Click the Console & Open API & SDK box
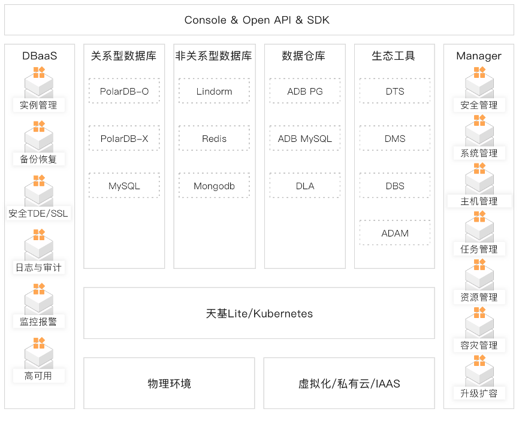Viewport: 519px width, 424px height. [257, 20]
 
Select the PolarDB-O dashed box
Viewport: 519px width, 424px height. [124, 91]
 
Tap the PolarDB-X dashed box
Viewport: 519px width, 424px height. [124, 138]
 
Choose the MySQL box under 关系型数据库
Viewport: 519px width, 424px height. [124, 186]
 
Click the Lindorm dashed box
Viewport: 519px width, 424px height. [214, 91]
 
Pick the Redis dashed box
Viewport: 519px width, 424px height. [214, 138]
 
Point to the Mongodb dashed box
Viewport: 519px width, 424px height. [214, 186]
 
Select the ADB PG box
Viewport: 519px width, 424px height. [304, 91]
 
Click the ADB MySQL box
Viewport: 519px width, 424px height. [304, 138]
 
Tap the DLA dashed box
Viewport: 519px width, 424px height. [304, 186]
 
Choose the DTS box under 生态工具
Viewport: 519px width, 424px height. [395, 91]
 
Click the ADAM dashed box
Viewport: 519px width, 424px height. [395, 233]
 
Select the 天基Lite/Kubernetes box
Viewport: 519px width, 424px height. [259, 313]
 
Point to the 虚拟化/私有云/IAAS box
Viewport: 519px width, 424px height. [349, 383]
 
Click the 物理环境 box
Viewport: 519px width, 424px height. [169, 383]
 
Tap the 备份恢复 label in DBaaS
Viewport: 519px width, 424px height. [38, 159]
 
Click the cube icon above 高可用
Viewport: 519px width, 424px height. [38, 353]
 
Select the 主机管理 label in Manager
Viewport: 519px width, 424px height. [479, 201]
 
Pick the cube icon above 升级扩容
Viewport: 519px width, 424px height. [479, 371]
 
